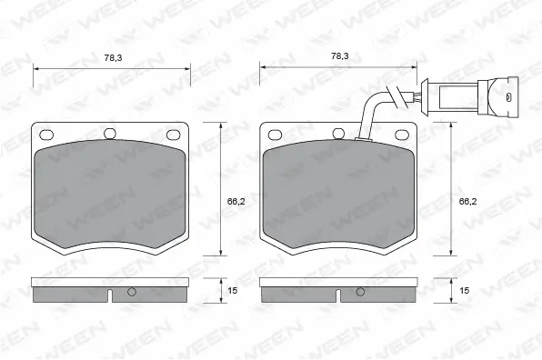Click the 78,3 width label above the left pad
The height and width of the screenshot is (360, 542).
(112, 57)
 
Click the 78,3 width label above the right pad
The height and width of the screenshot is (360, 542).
(339, 56)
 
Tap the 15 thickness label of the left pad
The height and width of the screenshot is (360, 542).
(232, 290)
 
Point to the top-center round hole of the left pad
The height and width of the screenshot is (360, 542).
(111, 134)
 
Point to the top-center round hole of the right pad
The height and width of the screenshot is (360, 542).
(338, 134)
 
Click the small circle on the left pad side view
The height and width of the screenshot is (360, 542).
(132, 293)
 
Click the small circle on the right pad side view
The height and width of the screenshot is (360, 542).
(361, 293)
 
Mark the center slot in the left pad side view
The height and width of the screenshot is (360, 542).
(109, 295)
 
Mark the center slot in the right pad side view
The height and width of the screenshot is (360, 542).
(338, 295)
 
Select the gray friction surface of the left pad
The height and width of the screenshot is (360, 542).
(111, 195)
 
